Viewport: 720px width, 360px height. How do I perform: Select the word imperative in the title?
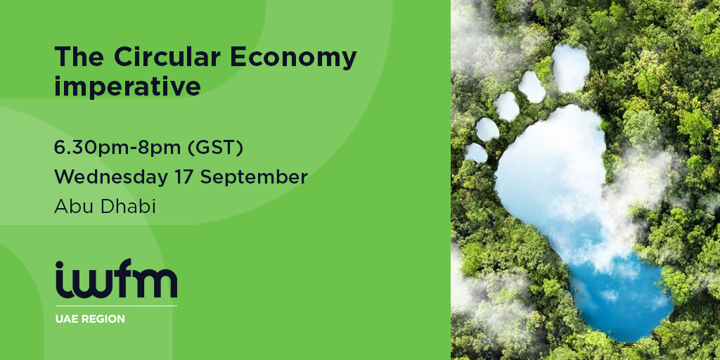pos(127,86)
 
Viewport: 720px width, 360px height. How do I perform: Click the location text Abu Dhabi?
pos(105,207)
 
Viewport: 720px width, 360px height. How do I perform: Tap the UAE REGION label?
pos(90,319)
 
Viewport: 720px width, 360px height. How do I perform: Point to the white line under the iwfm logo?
pos(116,306)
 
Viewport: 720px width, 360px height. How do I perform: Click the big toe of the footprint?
pos(571,68)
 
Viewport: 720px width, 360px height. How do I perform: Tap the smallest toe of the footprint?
pos(476,153)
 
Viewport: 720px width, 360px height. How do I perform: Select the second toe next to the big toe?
pos(532,86)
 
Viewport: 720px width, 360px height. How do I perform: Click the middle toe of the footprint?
pos(506,106)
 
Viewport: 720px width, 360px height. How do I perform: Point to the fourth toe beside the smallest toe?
pos(487,129)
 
